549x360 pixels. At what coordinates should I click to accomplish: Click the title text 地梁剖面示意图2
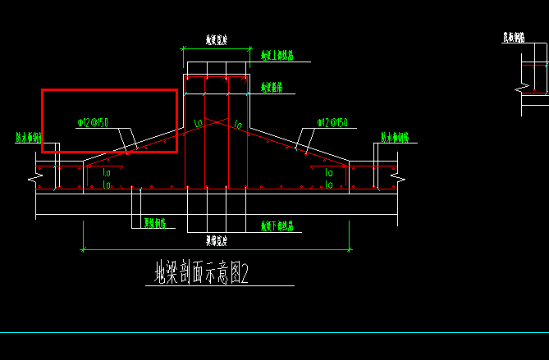click(x=201, y=272)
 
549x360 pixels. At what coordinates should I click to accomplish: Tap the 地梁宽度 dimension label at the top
click(x=216, y=39)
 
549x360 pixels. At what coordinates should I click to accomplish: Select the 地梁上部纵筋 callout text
click(x=277, y=56)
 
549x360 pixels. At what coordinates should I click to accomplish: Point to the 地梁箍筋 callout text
click(x=272, y=86)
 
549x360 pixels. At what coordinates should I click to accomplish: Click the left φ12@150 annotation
click(x=93, y=123)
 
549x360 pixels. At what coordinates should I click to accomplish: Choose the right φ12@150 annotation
click(x=332, y=123)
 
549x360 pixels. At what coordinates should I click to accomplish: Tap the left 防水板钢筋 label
click(x=28, y=138)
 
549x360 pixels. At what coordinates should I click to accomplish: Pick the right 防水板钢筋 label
click(x=395, y=138)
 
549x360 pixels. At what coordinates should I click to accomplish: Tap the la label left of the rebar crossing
click(x=198, y=124)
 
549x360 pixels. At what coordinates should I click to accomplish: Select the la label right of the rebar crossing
click(x=238, y=125)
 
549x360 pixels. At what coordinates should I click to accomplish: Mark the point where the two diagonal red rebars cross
click(x=217, y=121)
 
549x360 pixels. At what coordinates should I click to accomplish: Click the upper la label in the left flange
click(x=107, y=173)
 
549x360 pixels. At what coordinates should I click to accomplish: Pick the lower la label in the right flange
click(x=328, y=185)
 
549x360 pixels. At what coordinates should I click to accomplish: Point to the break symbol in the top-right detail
click(x=520, y=86)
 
